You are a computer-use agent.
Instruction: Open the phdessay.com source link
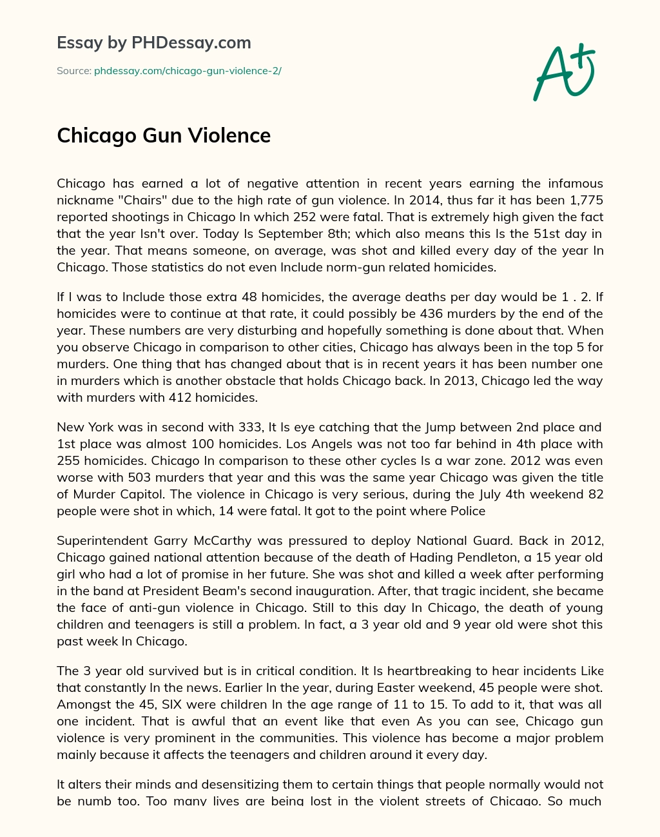188,71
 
